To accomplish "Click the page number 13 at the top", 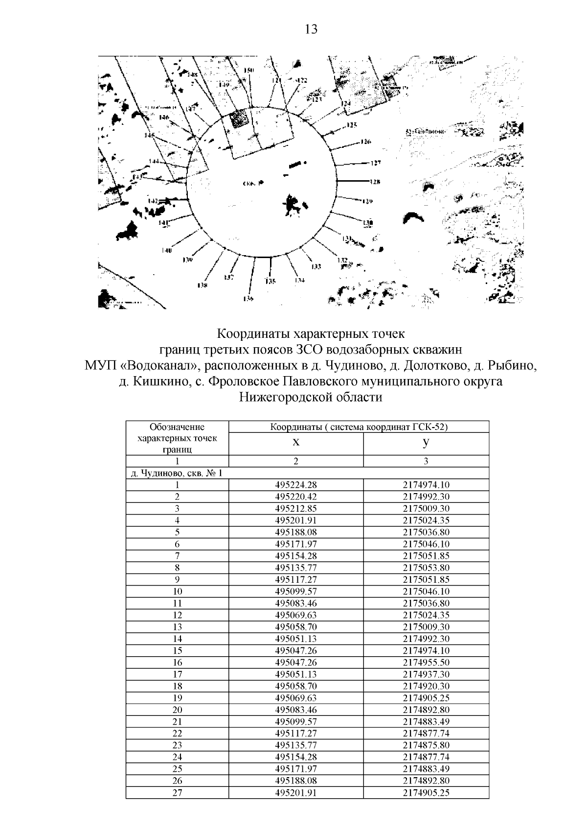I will point(311,29).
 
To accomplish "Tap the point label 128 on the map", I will point(375,182).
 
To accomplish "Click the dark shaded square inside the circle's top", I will point(239,119).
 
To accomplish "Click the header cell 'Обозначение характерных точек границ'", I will point(177,438).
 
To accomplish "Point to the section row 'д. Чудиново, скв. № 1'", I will point(177,473).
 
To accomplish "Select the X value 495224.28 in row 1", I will point(296,485).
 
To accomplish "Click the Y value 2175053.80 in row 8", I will point(426,568).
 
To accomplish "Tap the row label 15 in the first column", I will point(177,650).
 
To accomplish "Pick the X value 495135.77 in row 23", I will point(296,745).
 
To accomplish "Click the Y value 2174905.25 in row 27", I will point(426,792).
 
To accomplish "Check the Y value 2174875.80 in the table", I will point(426,745).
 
